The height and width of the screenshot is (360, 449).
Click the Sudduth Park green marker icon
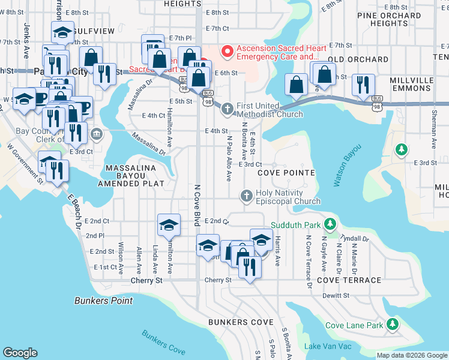coord(329,224)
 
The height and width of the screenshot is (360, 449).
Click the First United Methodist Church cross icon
coord(227,109)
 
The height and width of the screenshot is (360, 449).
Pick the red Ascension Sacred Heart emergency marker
coord(227,52)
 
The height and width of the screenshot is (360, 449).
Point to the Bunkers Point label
coord(104,300)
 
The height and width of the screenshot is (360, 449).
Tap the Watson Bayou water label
coord(348,166)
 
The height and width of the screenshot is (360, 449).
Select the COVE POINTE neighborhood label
coord(286,173)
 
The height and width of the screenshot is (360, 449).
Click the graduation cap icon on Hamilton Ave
coord(169,225)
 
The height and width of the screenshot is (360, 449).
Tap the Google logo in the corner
coord(20,352)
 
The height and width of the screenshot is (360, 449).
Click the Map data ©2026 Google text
coord(411,355)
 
